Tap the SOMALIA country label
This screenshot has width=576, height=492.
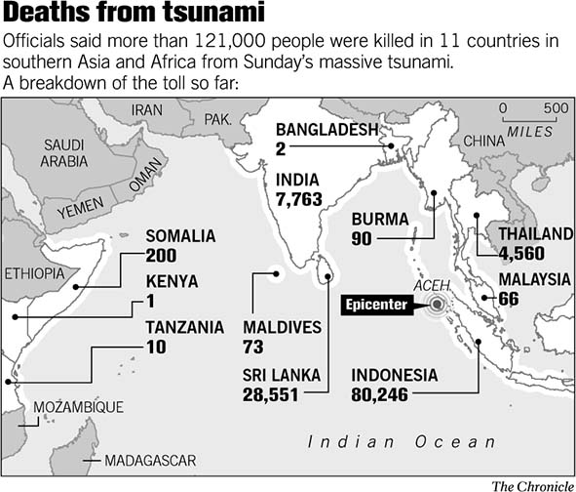point(180,235)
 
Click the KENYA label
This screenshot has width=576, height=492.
point(171,281)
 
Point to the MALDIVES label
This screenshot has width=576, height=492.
point(282,327)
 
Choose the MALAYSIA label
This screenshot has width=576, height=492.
point(533,279)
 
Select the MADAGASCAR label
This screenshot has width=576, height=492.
point(150,460)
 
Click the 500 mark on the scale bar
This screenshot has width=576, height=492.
point(556,107)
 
